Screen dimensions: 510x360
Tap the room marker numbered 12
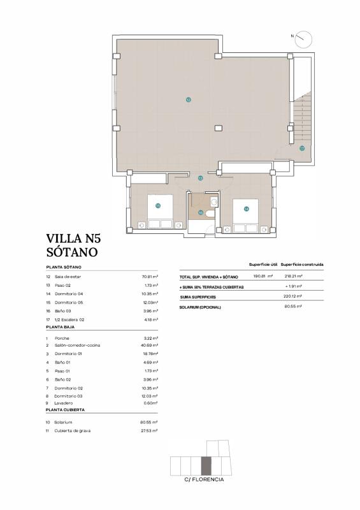[189, 99]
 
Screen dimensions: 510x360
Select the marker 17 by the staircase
[302, 148]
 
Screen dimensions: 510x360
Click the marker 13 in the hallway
[200, 178]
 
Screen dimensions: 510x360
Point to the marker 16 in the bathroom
[201, 213]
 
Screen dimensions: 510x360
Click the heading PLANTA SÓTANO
[63, 266]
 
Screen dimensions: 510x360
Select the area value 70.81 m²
[150, 277]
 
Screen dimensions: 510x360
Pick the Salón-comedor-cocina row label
[77, 346]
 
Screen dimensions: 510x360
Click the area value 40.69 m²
[150, 346]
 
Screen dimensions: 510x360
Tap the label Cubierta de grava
[72, 431]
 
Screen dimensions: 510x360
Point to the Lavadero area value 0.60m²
[150, 402]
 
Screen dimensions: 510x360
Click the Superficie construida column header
[302, 264]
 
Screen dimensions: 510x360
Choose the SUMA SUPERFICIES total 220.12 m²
[293, 297]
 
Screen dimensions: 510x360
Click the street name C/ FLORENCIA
[204, 479]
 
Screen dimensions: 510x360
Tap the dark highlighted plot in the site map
[206, 466]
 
